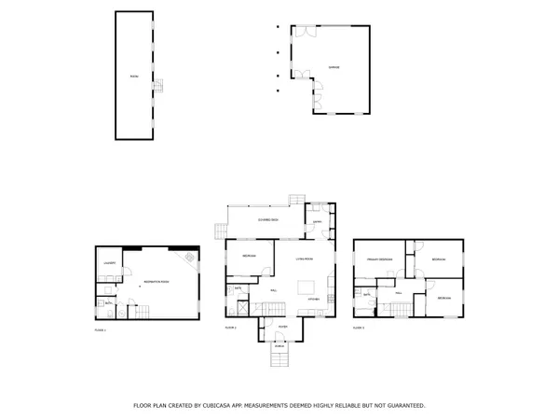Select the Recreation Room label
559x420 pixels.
tap(155, 281)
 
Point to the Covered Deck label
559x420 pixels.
tap(267, 218)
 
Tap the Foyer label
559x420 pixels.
tap(282, 327)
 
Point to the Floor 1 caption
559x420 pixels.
tap(101, 329)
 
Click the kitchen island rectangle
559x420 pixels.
tap(307, 286)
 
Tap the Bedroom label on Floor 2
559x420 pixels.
tap(250, 255)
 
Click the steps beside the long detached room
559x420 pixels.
tap(159, 86)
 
